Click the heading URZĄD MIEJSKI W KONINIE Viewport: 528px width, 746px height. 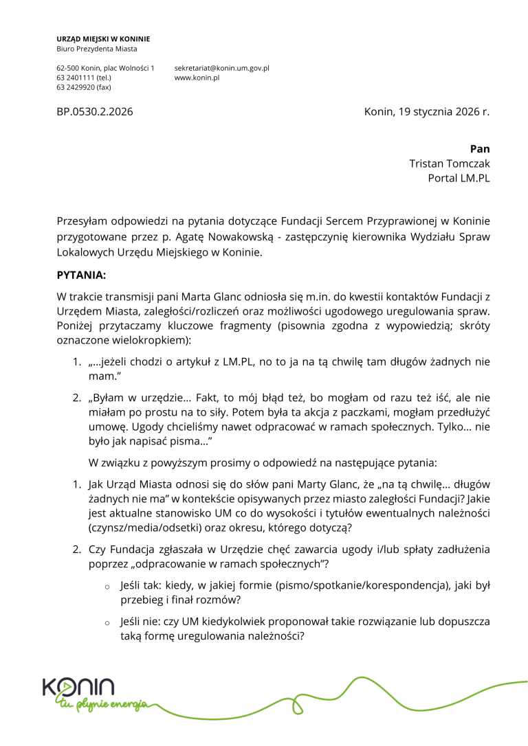(x=103, y=39)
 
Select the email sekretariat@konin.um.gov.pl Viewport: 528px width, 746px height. (x=221, y=69)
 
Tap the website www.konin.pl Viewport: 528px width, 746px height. (x=197, y=78)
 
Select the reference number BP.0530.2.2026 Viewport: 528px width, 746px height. (x=95, y=111)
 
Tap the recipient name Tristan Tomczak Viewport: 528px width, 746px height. (x=450, y=163)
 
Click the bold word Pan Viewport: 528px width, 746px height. (x=480, y=149)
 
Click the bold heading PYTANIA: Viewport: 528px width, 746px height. (x=82, y=275)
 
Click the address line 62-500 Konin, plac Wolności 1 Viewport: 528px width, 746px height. (x=105, y=69)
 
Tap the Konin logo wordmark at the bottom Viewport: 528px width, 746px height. (x=78, y=687)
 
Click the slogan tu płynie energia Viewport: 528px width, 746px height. (x=103, y=705)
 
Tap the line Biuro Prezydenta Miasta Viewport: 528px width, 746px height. (x=97, y=49)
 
